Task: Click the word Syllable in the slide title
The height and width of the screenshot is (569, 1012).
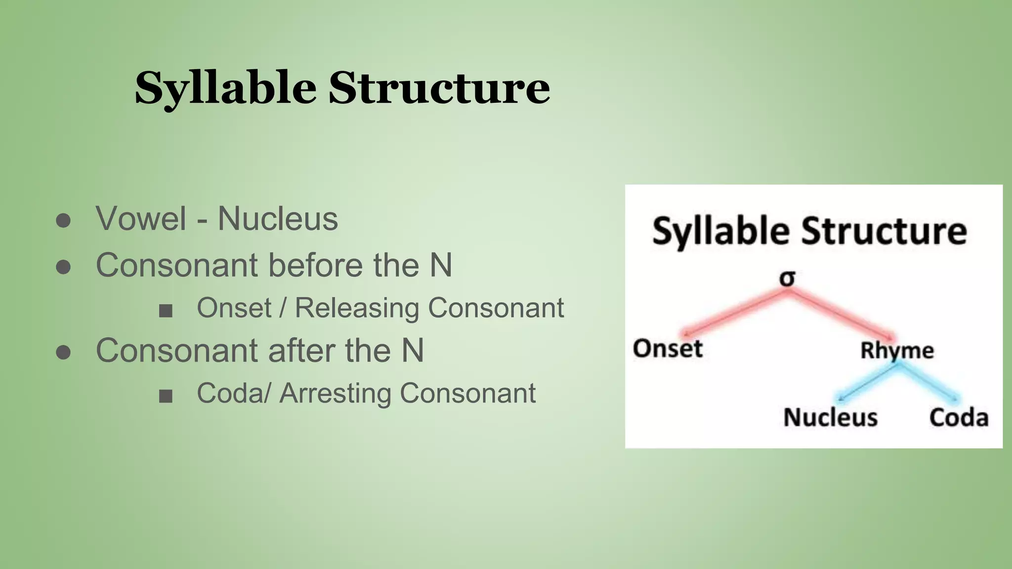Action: tap(225, 88)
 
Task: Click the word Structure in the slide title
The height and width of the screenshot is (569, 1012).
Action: tap(439, 88)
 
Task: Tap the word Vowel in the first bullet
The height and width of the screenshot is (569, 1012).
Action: tap(141, 218)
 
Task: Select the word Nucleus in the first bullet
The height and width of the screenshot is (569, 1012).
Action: tap(278, 218)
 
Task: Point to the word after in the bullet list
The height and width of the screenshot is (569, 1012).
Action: tap(302, 351)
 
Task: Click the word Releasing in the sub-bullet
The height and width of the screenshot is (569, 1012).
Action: tap(357, 308)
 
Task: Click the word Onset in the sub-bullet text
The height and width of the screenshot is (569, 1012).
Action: tap(234, 308)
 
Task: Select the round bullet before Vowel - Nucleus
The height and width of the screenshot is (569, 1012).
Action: tap(63, 221)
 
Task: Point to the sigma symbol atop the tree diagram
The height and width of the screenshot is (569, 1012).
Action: tap(787, 279)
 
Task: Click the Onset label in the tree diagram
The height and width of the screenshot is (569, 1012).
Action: tap(668, 348)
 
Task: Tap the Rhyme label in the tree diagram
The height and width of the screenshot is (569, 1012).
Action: tap(897, 350)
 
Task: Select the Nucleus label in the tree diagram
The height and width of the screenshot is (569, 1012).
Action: tap(830, 417)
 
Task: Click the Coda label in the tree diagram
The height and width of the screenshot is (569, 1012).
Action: tap(959, 417)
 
